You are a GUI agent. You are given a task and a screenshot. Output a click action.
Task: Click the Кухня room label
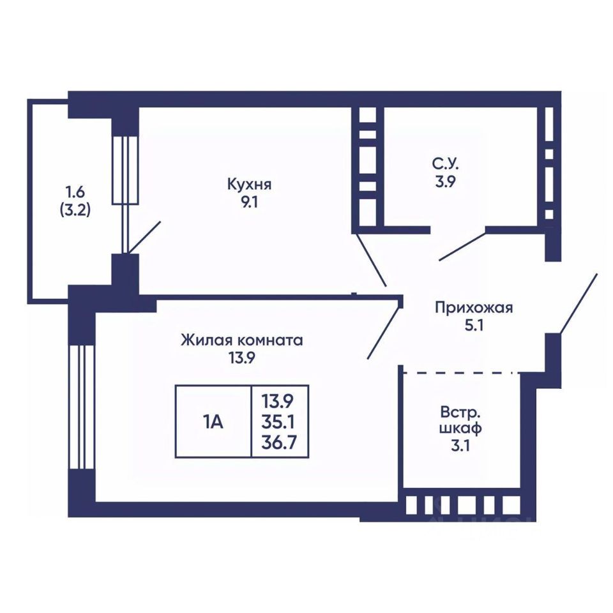(250, 185)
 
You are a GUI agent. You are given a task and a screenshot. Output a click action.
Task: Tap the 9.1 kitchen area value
(250, 206)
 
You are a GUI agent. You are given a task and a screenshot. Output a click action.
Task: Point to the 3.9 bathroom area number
(444, 181)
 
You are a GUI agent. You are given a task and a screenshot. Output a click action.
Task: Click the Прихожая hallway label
(474, 308)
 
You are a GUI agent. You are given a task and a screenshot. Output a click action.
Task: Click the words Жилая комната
(241, 340)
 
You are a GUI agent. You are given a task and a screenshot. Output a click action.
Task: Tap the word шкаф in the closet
(460, 427)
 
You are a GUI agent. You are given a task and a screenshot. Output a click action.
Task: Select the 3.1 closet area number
(460, 446)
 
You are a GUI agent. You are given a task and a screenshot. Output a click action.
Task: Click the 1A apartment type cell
(213, 421)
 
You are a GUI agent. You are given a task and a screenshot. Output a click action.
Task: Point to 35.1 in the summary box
(280, 421)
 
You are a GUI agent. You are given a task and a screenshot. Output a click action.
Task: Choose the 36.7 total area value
(280, 442)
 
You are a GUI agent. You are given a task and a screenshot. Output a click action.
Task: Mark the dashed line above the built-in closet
(460, 371)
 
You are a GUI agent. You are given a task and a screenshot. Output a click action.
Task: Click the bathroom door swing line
(462, 246)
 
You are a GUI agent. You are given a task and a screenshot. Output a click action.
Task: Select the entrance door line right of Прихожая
(579, 303)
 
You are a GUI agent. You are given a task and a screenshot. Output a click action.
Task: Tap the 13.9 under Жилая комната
(241, 358)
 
